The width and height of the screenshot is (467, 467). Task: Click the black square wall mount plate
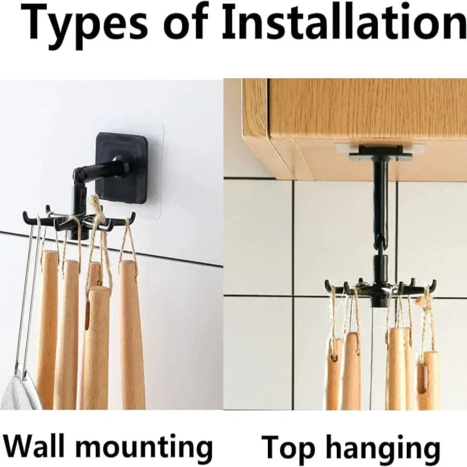(121, 168)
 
